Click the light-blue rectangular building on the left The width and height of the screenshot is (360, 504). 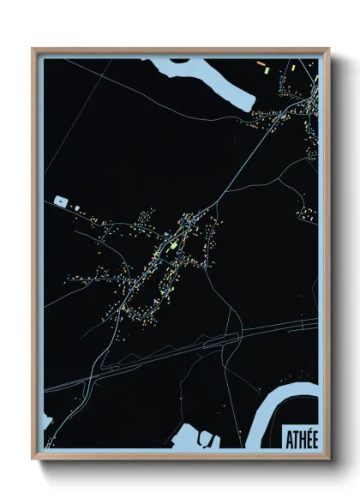pyautogui.click(x=61, y=201)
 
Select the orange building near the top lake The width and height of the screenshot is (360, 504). pyautogui.click(x=261, y=64)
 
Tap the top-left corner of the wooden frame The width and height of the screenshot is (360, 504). pyautogui.click(x=33, y=49)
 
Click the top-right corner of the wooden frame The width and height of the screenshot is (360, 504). pyautogui.click(x=328, y=49)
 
